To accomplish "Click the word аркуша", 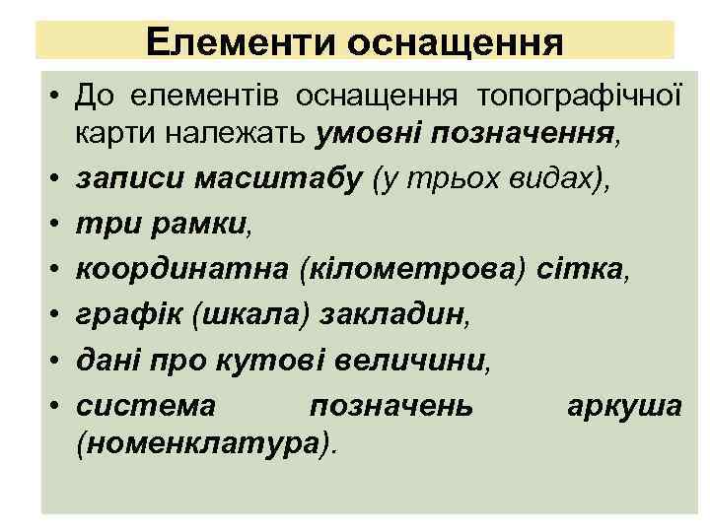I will coord(623,405).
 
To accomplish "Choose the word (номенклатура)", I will coord(205,443).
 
